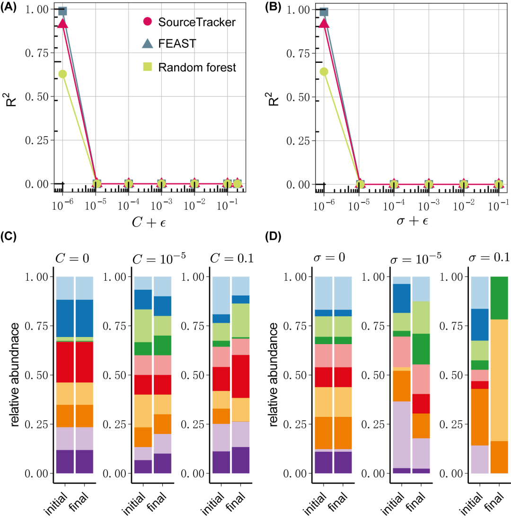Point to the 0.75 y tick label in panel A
click(37, 53)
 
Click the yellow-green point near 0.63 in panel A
click(62, 74)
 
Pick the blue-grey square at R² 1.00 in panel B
click(324, 11)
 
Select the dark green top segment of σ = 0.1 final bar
click(500, 298)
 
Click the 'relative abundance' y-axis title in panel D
click(275, 374)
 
